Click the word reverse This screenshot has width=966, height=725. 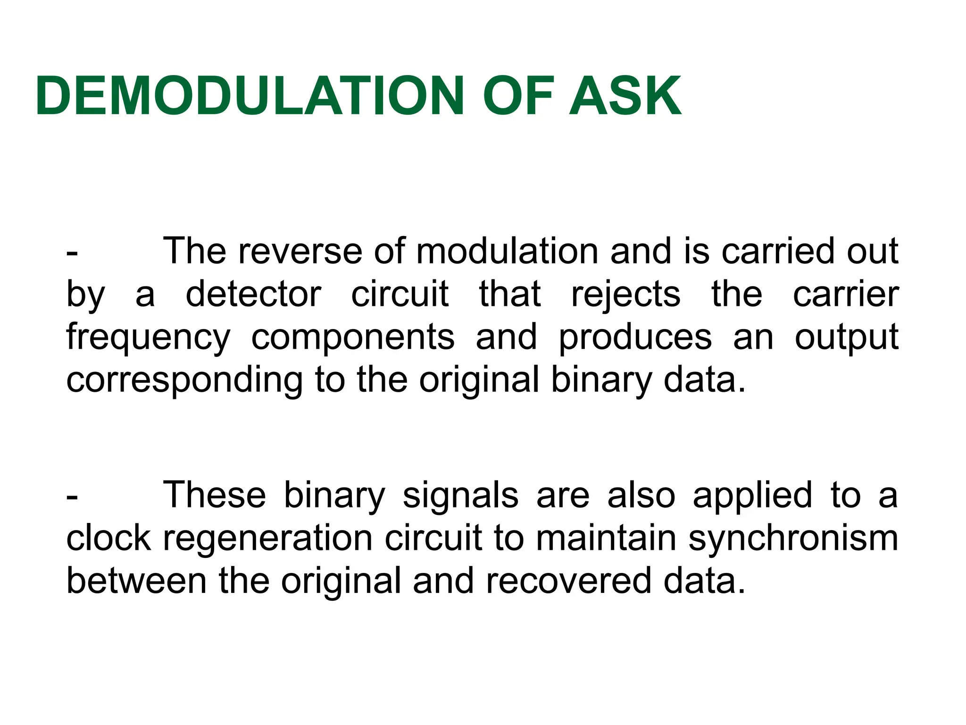[x=300, y=251]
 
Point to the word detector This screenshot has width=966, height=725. [x=253, y=294]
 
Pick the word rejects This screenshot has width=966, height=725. [x=626, y=295]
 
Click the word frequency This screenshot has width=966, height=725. [x=148, y=338]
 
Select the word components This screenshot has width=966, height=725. [x=353, y=338]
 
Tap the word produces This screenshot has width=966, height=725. [x=635, y=338]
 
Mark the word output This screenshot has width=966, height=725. [x=847, y=338]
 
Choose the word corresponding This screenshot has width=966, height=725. [x=184, y=381]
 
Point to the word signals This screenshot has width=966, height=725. [x=460, y=496]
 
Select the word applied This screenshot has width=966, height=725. [x=752, y=496]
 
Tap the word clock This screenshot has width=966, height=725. [x=108, y=538]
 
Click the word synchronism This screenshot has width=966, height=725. [x=793, y=539]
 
